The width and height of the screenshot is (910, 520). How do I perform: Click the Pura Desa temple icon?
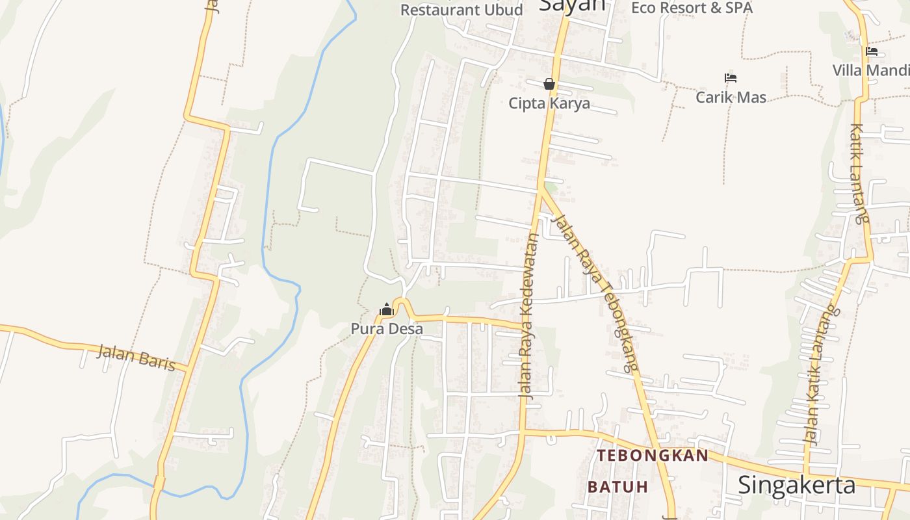pyautogui.click(x=387, y=309)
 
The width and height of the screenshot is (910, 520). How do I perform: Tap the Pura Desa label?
pyautogui.click(x=387, y=329)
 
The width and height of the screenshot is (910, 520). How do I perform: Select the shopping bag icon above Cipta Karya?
pyautogui.click(x=549, y=84)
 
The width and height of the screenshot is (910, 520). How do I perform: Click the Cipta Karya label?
pyautogui.click(x=549, y=103)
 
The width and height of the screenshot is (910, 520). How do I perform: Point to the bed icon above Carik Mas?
pyautogui.click(x=731, y=78)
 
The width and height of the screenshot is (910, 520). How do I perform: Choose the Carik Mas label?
pyautogui.click(x=731, y=97)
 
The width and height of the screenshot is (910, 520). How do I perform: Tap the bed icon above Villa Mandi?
pyautogui.click(x=872, y=51)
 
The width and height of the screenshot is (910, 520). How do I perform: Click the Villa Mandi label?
pyautogui.click(x=871, y=70)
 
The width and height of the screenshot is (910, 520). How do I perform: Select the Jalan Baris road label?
pyautogui.click(x=136, y=357)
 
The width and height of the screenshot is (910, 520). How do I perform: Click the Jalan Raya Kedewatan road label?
pyautogui.click(x=529, y=315)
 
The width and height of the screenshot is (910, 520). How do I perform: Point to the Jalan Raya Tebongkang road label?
pyautogui.click(x=594, y=292)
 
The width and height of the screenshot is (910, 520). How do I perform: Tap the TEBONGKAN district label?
pyautogui.click(x=653, y=456)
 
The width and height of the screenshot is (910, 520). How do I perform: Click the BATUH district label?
pyautogui.click(x=617, y=487)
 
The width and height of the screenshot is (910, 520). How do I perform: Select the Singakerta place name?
pyautogui.click(x=796, y=485)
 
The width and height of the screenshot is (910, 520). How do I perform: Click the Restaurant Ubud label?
pyautogui.click(x=461, y=10)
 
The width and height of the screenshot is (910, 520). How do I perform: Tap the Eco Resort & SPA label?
pyautogui.click(x=692, y=8)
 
